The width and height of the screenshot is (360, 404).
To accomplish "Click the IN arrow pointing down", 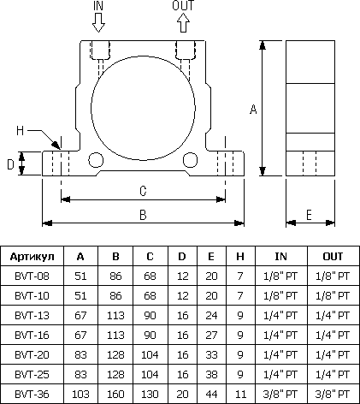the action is click(98, 23).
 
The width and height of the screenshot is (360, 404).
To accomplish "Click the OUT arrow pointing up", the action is click(184, 23).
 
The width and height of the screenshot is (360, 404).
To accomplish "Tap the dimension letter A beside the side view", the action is click(253, 110).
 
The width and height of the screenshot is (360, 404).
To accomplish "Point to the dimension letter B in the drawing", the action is click(143, 215).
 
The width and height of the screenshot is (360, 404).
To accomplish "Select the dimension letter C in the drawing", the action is click(143, 191).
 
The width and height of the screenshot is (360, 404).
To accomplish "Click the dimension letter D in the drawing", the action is click(10, 164).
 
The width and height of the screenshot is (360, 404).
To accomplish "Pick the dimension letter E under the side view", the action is click(309, 215).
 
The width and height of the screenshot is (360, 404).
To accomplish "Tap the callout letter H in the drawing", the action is click(20, 131).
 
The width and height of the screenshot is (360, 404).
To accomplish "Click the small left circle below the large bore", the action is click(96, 160).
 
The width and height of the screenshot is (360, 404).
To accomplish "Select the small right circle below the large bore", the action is click(190, 160).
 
